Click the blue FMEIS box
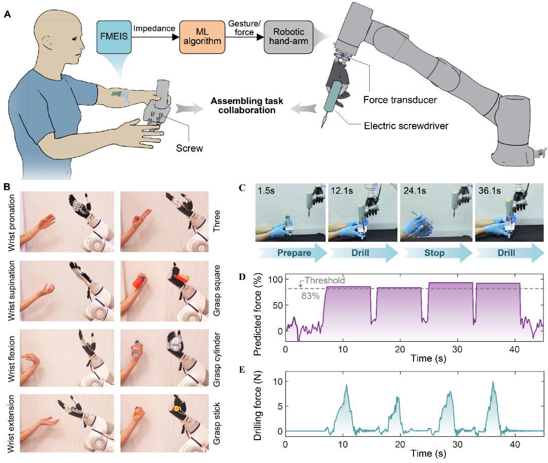(114, 37)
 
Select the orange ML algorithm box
(202, 37)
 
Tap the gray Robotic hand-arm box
(288, 37)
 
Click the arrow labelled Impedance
(156, 37)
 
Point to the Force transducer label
(400, 100)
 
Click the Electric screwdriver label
(406, 126)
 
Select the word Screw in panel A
(189, 148)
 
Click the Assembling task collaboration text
(247, 106)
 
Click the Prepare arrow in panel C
(293, 253)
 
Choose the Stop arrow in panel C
(437, 253)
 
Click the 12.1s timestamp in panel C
(342, 190)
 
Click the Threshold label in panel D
(325, 280)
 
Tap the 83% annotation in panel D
(311, 296)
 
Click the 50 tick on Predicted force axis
(278, 305)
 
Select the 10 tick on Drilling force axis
(278, 382)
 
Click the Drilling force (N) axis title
(258, 406)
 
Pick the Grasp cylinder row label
(217, 359)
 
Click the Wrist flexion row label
(12, 359)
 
